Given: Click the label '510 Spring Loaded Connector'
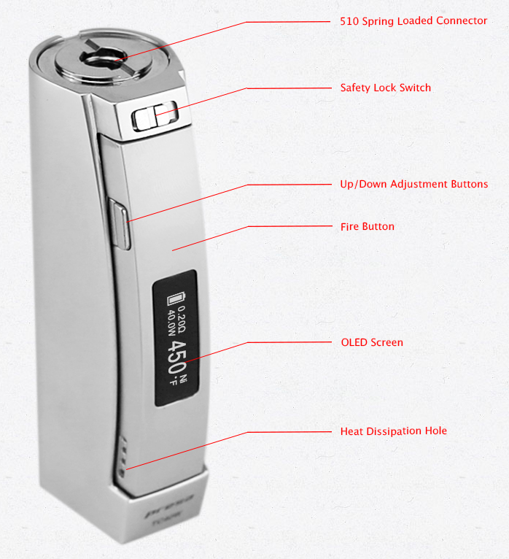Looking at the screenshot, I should click(413, 21).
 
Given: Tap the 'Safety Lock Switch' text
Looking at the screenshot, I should click(385, 88).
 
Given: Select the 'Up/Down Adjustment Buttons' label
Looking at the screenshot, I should click(413, 184).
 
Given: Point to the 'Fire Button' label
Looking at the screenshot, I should click(368, 226).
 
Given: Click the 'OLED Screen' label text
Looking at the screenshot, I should click(372, 342).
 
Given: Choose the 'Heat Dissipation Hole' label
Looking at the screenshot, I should click(394, 431).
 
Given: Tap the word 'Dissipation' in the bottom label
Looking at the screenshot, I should click(394, 431).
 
